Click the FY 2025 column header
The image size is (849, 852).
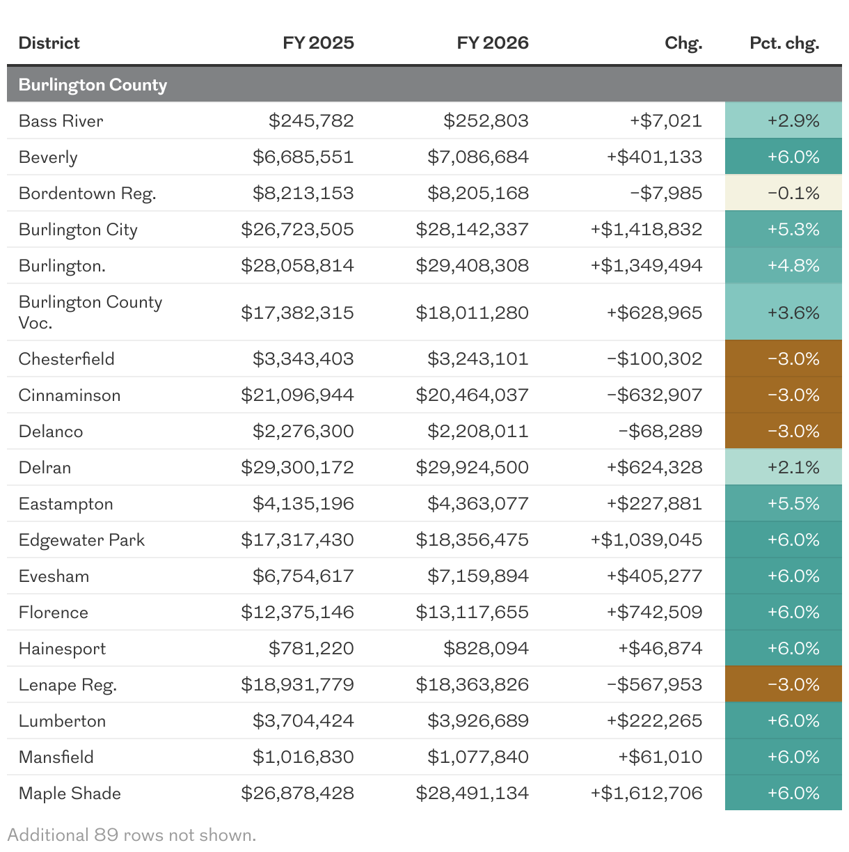click(x=318, y=43)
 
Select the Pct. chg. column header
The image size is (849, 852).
click(x=784, y=43)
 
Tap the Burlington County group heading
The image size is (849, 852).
click(x=93, y=85)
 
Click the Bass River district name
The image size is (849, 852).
click(x=61, y=121)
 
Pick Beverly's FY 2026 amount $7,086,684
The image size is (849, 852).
click(x=478, y=157)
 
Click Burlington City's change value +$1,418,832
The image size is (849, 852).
click(x=646, y=230)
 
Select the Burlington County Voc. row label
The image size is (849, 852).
click(x=90, y=312)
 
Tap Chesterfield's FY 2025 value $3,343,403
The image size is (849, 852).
click(x=303, y=359)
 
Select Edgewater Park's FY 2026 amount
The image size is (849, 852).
click(x=472, y=540)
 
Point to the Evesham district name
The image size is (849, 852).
click(x=54, y=576)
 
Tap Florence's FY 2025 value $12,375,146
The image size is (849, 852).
click(x=297, y=613)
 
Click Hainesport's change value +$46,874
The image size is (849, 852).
click(x=660, y=649)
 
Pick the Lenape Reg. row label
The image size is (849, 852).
click(x=68, y=685)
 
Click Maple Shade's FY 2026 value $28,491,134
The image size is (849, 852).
click(x=472, y=794)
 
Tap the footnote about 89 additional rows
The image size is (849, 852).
click(x=132, y=835)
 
